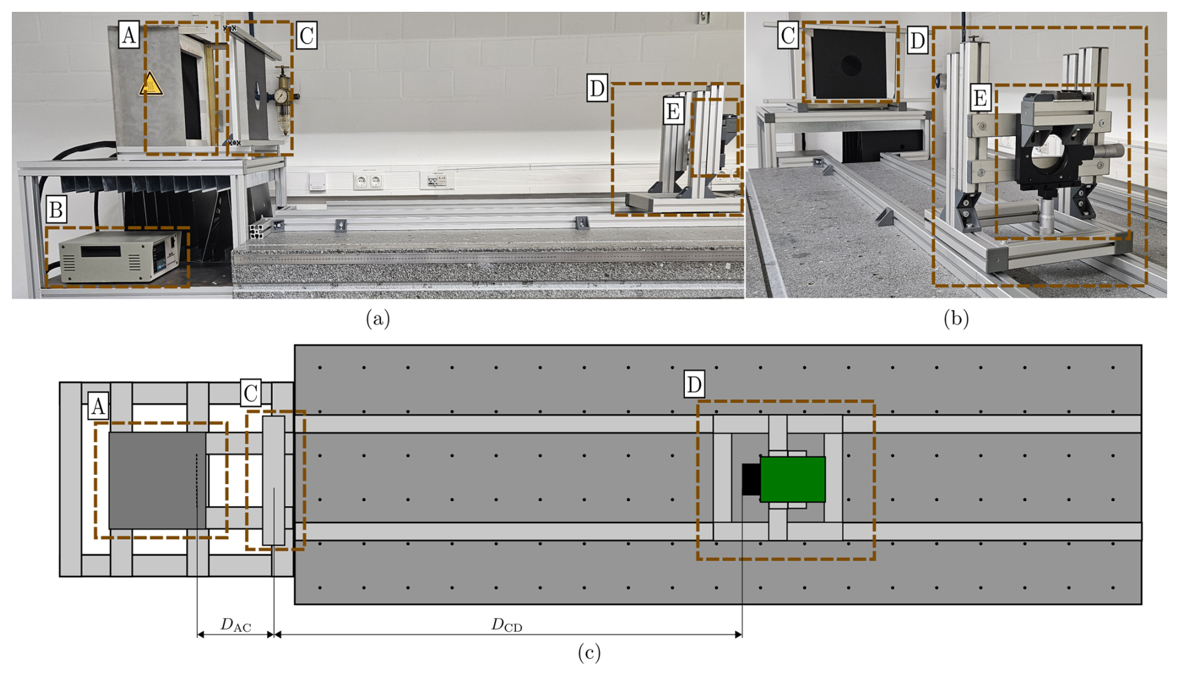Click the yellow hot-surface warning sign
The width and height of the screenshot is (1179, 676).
pyautogui.click(x=151, y=84)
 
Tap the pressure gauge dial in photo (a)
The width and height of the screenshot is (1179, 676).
pyautogui.click(x=282, y=96)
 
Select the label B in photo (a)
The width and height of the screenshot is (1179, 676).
pyautogui.click(x=55, y=211)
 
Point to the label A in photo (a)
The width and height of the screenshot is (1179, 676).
pyautogui.click(x=128, y=35)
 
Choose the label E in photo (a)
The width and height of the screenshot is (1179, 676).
pyautogui.click(x=673, y=112)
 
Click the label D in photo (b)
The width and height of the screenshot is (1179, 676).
pyautogui.click(x=917, y=40)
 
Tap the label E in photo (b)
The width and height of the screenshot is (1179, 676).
pyautogui.click(x=980, y=98)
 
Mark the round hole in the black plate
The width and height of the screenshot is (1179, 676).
pyautogui.click(x=851, y=65)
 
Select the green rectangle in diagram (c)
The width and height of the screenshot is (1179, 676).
pyautogui.click(x=793, y=479)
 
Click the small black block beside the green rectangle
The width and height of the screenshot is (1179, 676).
pyautogui.click(x=751, y=479)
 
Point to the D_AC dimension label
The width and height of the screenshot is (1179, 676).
pyautogui.click(x=236, y=625)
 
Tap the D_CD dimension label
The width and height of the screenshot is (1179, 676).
pyautogui.click(x=507, y=625)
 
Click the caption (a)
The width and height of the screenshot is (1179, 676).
pyautogui.click(x=378, y=318)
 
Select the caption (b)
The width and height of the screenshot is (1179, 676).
pyautogui.click(x=956, y=318)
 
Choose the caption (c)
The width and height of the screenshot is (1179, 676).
pyautogui.click(x=589, y=652)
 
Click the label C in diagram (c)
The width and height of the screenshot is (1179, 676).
pyautogui.click(x=251, y=394)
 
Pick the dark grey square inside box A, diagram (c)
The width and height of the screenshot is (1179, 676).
pyautogui.click(x=158, y=480)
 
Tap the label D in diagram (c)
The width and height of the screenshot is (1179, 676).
pyautogui.click(x=694, y=384)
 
